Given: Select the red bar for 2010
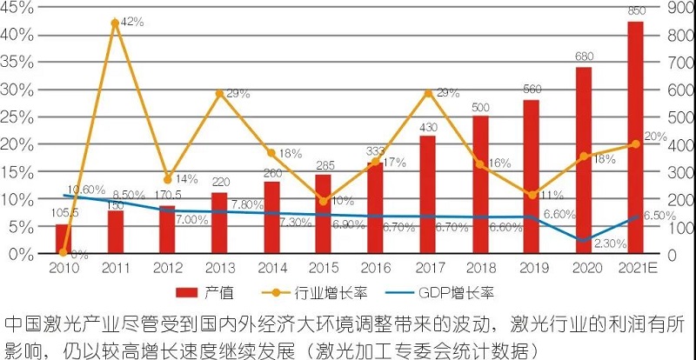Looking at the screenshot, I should point(63,239).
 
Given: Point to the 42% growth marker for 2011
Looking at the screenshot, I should point(115,23).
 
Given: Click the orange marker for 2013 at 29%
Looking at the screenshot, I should point(219,93).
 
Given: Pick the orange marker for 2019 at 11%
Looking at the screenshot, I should point(532,194).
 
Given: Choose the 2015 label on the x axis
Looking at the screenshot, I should point(323,267).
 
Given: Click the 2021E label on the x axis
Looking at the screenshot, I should point(635,267).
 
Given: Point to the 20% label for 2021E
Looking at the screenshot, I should point(655,137).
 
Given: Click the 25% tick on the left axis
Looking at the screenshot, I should point(18,117).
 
